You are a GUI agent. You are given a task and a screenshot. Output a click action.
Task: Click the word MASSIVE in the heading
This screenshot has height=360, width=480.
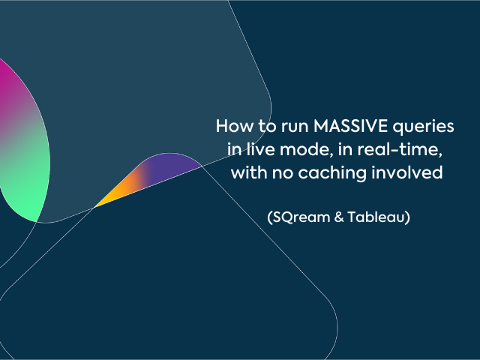point(350,126)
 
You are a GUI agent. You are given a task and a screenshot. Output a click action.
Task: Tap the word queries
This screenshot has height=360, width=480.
point(423,127)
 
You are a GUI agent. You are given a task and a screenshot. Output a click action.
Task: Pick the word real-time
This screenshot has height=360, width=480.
point(400,149)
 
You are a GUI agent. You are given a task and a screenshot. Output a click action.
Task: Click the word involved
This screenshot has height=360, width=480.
point(407,172)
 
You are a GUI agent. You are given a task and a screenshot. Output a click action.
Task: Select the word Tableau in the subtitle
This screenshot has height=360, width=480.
point(376,217)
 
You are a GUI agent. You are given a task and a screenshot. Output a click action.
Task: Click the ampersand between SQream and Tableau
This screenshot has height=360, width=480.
point(339,217)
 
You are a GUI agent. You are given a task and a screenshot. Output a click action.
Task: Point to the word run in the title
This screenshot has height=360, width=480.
point(295,127)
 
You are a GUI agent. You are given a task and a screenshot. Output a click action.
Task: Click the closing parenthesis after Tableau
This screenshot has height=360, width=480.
point(407,217)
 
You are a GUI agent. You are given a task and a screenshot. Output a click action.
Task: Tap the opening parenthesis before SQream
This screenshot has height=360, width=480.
point(270,217)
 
